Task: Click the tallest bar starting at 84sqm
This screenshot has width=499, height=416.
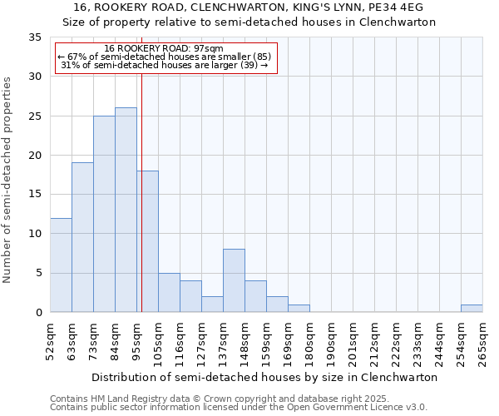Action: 126,210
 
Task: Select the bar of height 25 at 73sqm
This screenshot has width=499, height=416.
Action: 104,214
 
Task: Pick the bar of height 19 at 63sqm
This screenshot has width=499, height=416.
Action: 82,237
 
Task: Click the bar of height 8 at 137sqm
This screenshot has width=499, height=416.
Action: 234,280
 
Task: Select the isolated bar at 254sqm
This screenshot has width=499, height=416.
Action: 472,308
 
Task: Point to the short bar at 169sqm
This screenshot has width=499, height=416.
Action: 299,308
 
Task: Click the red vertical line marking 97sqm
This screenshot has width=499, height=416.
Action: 142,208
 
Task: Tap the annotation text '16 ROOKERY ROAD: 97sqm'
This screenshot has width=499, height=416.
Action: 164,49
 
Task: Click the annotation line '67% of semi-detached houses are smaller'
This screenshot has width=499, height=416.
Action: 164,57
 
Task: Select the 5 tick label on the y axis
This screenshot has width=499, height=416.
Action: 38,274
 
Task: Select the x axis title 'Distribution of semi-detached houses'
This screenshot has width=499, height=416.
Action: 264,377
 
